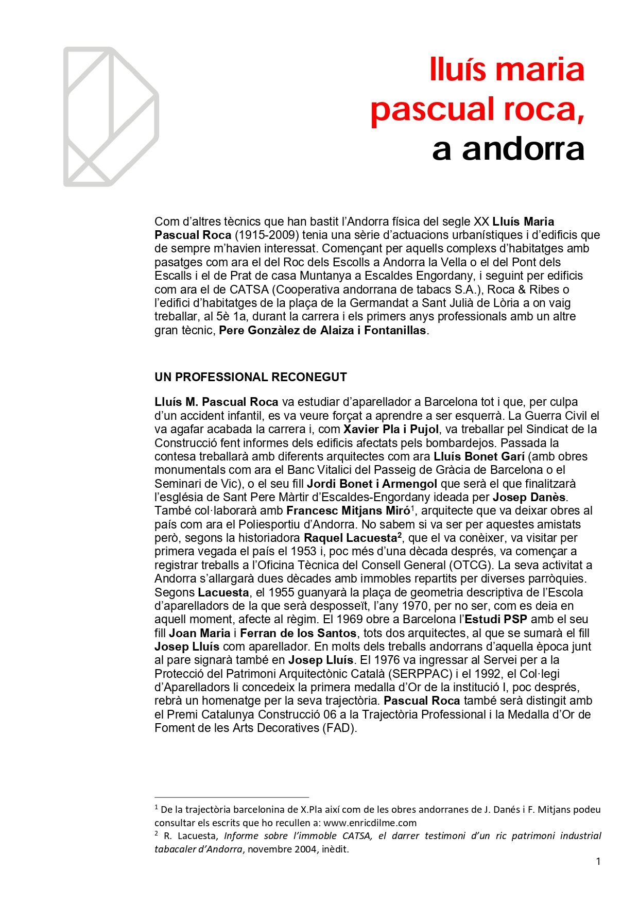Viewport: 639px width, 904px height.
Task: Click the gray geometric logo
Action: coord(111,117)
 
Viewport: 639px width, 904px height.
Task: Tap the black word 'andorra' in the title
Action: coord(523,149)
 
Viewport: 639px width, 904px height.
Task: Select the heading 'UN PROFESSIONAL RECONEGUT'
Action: coord(250,377)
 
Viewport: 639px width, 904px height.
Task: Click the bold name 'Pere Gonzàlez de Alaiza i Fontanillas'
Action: coord(322,331)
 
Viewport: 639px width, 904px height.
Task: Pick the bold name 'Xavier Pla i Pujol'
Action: coord(391,430)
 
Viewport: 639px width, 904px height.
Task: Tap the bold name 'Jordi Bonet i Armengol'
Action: coord(372,484)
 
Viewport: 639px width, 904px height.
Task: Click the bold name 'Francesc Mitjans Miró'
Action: coord(348,511)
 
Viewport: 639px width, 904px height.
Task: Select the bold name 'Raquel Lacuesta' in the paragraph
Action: coord(350,538)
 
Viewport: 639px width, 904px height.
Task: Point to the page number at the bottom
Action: coord(598,861)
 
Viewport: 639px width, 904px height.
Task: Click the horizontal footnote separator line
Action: coord(232,797)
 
